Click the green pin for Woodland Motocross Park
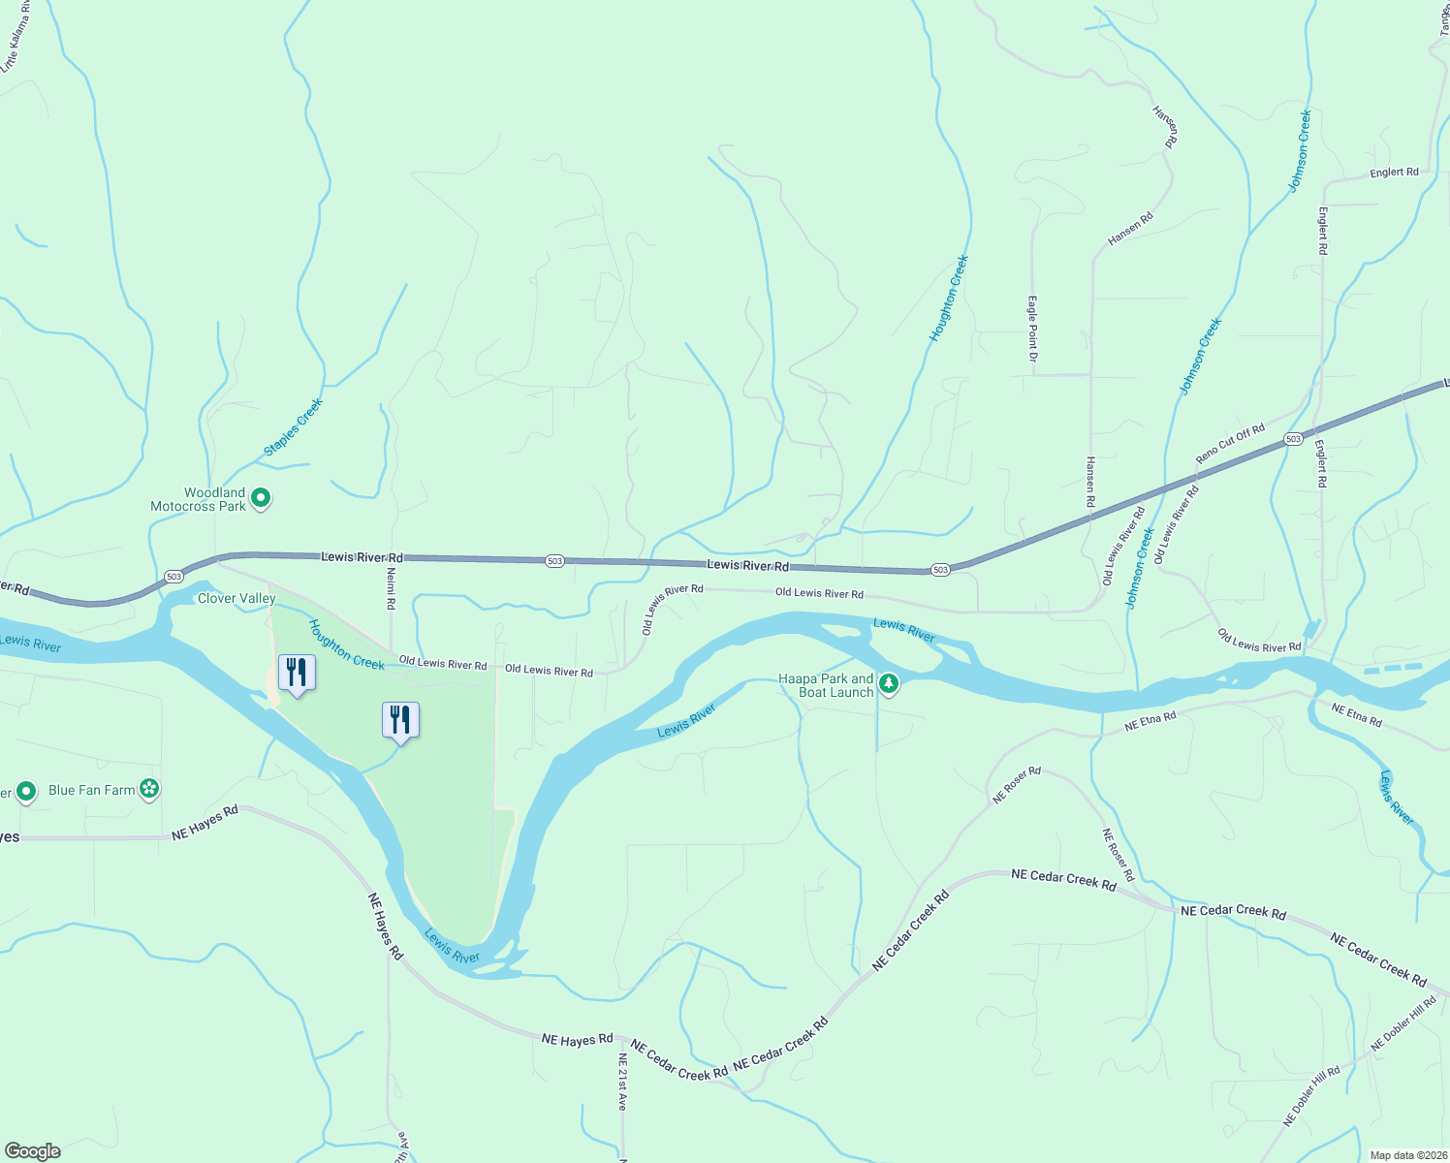point(260,499)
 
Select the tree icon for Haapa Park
point(889,685)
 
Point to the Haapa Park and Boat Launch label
point(827,685)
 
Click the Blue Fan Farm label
point(92,790)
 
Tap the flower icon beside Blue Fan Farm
point(149,789)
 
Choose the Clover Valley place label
point(236,599)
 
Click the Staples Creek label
point(293,427)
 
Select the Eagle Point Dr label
point(1033,330)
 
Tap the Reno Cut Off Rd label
point(1230,444)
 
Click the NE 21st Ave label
point(622,1082)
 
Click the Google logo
point(33,1151)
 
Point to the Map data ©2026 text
point(1406,1155)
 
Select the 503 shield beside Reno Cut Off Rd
point(1293,439)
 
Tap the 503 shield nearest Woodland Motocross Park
point(173,577)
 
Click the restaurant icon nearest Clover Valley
point(297,673)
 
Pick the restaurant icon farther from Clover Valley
point(400,720)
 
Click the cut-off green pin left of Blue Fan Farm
point(26,792)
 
